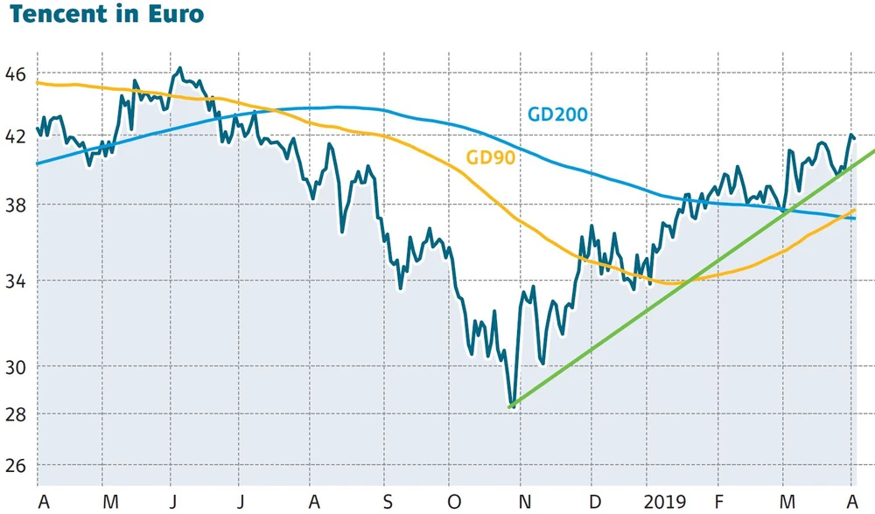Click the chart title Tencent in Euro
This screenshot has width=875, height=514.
[x=107, y=15]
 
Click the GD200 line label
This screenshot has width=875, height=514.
[x=557, y=115]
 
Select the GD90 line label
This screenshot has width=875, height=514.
[x=490, y=157]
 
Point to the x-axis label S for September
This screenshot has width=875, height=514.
[x=386, y=501]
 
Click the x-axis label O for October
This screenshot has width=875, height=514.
[x=452, y=501]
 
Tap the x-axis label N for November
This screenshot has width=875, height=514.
[x=523, y=501]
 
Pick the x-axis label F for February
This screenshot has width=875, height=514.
[x=719, y=501]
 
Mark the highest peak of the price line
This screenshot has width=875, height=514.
[x=180, y=68]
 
